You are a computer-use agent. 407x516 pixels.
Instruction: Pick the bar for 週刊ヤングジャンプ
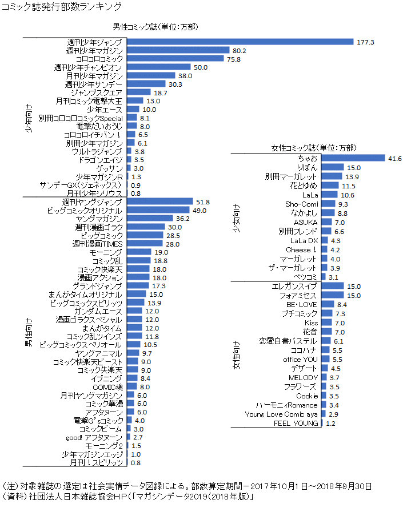tap(159, 202)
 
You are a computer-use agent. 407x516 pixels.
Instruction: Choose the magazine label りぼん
tap(306, 168)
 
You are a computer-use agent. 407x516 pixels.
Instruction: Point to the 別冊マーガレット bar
tap(331, 176)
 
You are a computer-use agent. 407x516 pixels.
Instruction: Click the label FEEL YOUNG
tap(296, 424)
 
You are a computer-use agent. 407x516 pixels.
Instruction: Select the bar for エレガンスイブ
tap(332, 286)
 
